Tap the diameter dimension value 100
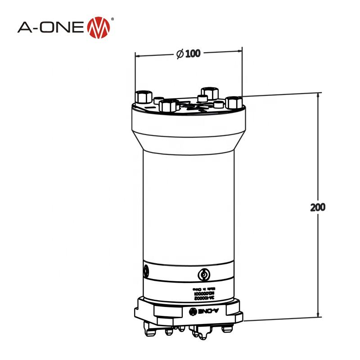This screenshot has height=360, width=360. (x=192, y=53)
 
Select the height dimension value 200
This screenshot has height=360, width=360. (x=318, y=207)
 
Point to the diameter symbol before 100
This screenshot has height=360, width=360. (x=179, y=54)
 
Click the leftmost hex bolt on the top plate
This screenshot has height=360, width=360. (x=142, y=96)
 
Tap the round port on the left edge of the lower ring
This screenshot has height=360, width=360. (x=146, y=270)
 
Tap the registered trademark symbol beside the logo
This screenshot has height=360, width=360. (x=112, y=19)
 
